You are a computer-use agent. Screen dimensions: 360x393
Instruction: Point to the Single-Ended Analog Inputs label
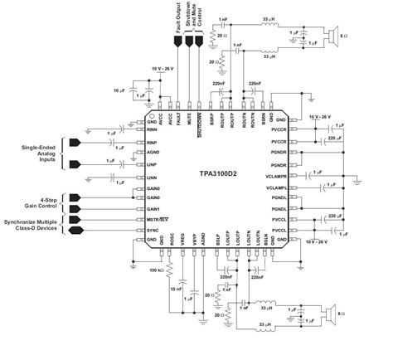click(38, 153)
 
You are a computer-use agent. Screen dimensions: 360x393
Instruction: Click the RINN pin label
click(152, 129)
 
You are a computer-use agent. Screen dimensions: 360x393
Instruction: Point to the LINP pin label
click(152, 165)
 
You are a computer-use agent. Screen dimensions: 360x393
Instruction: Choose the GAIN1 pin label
click(153, 208)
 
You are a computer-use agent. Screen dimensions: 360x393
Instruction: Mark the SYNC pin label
click(152, 229)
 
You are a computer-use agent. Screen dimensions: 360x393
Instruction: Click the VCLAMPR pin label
click(275, 176)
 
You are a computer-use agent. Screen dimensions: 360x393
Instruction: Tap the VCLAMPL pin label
click(276, 188)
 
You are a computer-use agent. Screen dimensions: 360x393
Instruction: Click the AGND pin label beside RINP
click(152, 153)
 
